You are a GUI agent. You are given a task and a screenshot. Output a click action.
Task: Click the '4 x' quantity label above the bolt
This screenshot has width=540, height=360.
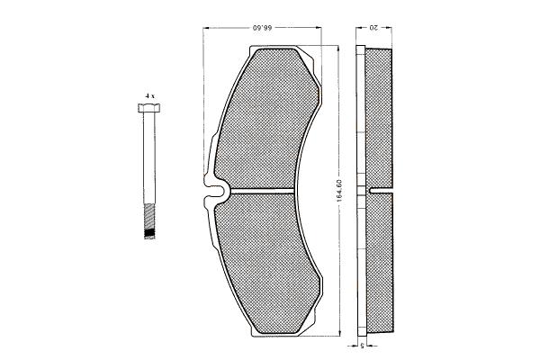coord(149,96)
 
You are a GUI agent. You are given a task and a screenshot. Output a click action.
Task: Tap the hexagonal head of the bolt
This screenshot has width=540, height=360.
coord(149,108)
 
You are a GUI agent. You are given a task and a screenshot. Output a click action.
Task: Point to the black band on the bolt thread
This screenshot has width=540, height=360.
coord(149,233)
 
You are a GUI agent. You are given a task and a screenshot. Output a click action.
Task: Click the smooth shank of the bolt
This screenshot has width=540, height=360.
coord(149,157)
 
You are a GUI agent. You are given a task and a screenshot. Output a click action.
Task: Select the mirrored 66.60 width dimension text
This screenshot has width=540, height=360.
coord(263,28)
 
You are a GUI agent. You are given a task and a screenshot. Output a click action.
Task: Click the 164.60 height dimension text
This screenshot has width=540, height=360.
coord(338,191)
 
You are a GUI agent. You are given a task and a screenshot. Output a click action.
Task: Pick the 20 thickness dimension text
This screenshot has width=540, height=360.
coord(373,28)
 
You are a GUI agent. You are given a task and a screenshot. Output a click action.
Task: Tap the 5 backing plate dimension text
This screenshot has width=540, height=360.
coord(362,346)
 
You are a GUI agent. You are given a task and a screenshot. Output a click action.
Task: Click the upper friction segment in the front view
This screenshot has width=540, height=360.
coord(266,118)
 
